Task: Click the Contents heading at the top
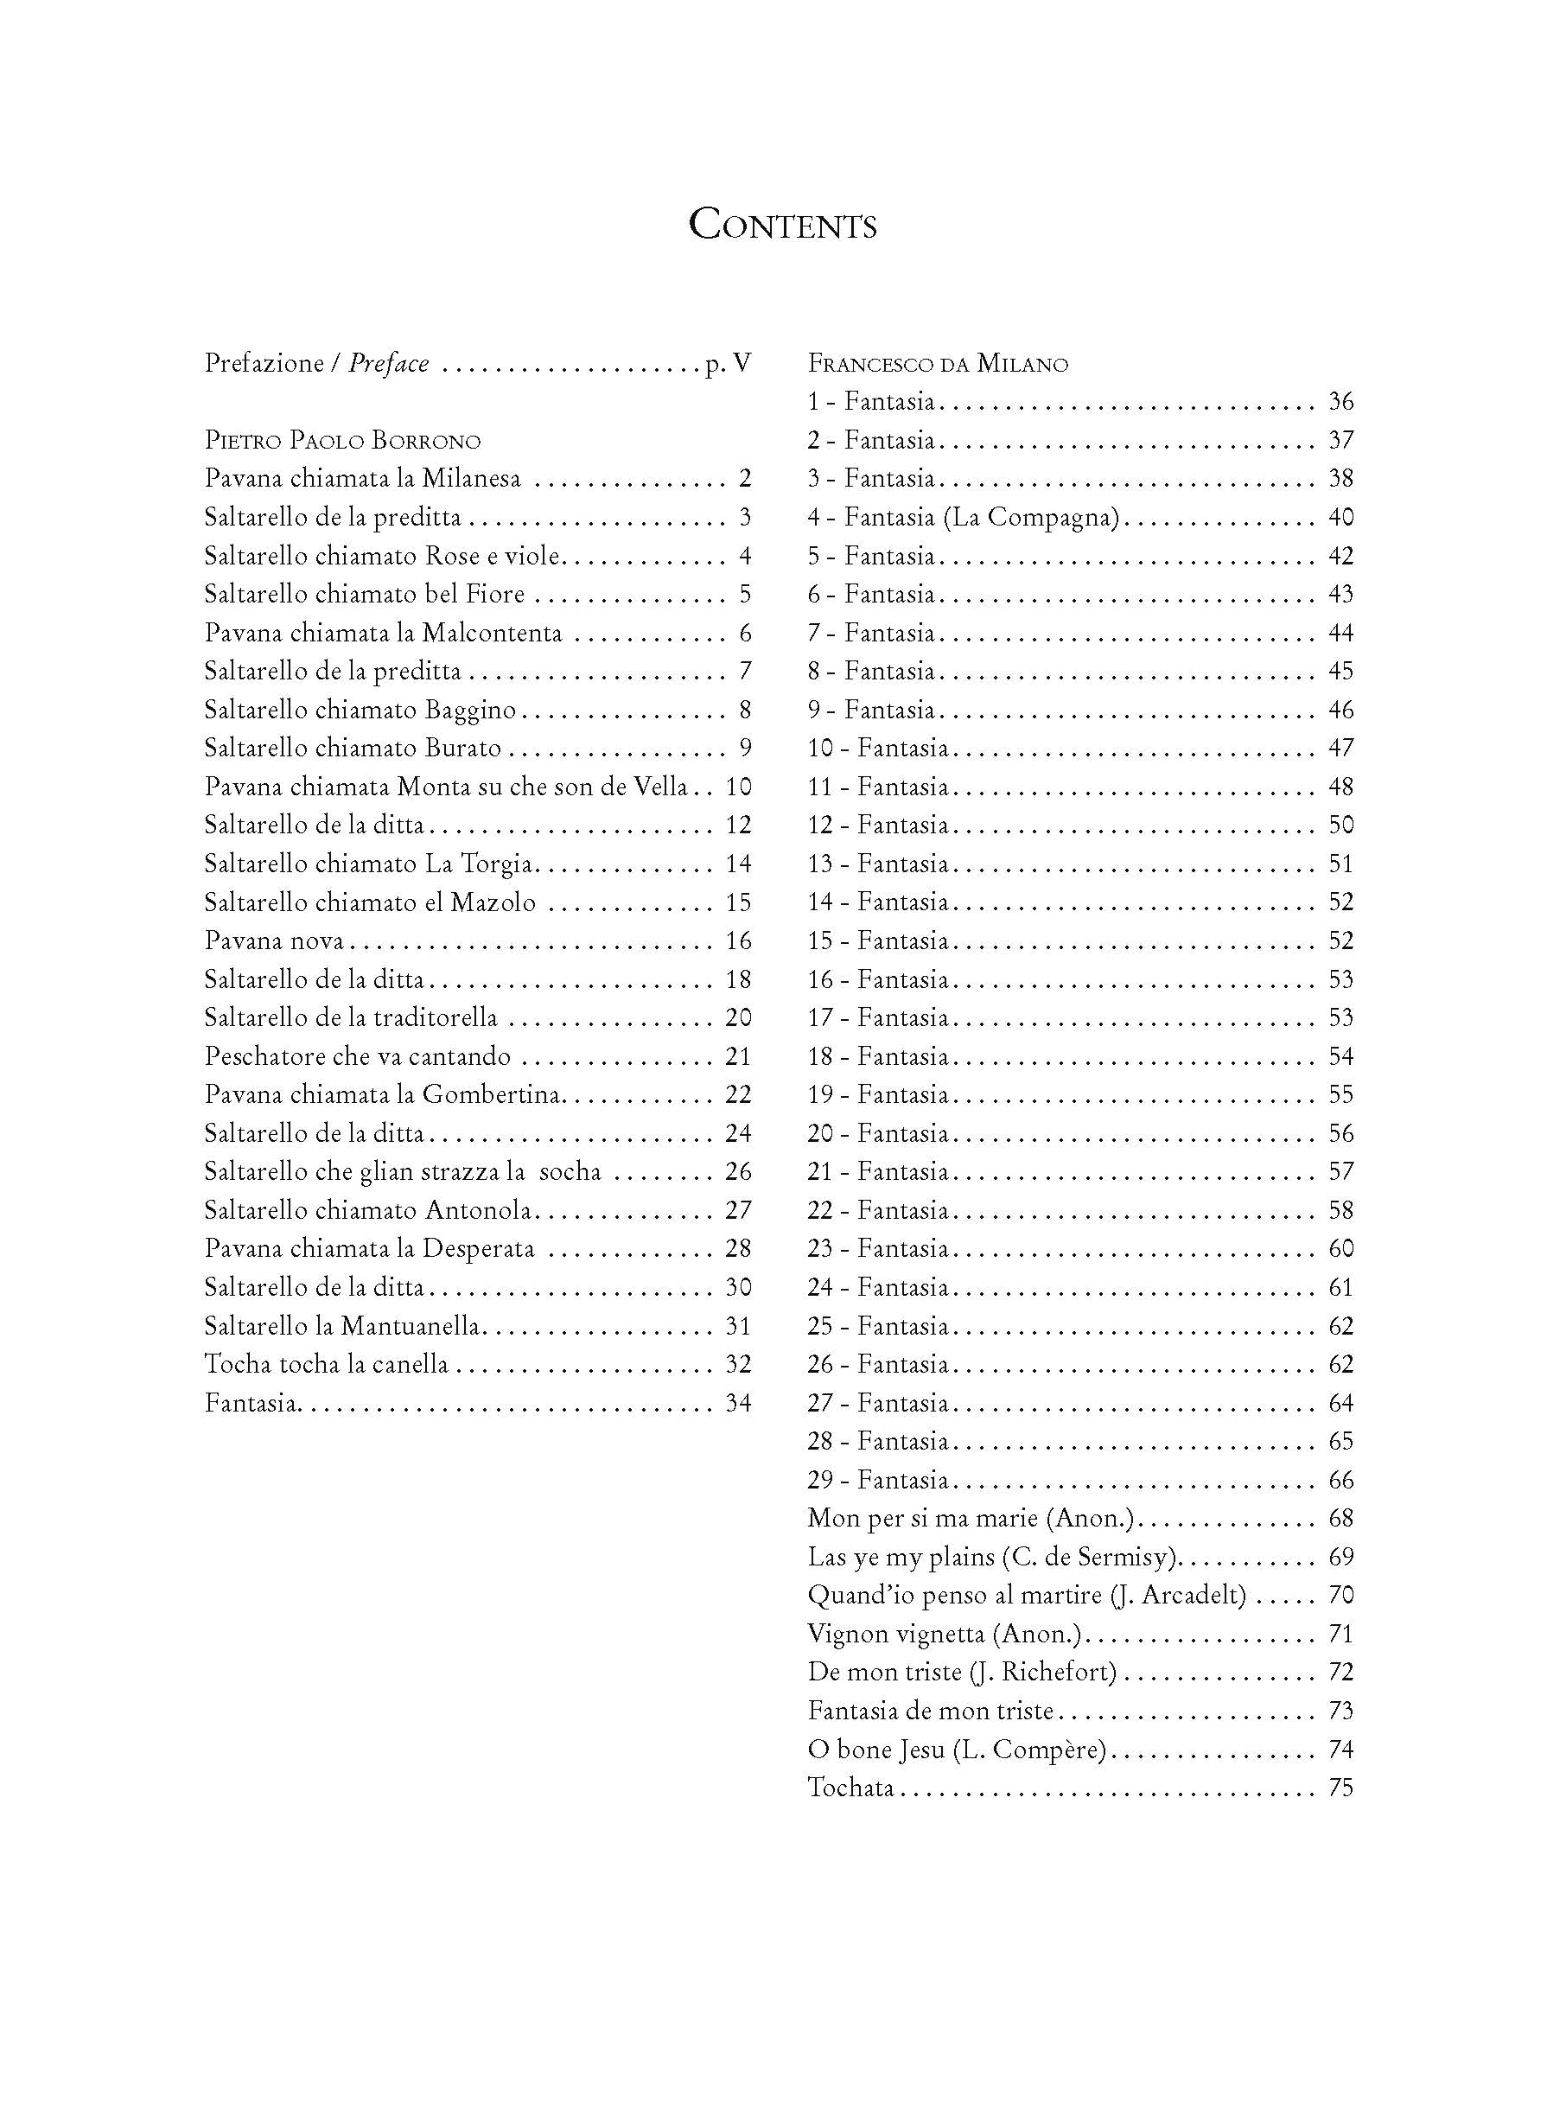point(782,226)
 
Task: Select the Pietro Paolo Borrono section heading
point(342,441)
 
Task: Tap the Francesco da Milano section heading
point(938,364)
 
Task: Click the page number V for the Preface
point(742,363)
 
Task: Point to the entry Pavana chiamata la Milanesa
point(362,479)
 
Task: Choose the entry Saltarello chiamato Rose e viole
point(381,556)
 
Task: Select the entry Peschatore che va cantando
point(358,1057)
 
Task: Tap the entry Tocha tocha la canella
point(326,1365)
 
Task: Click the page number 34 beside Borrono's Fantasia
point(737,1403)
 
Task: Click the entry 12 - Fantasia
point(877,826)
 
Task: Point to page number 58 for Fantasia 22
point(1340,1210)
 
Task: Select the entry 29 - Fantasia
point(877,1481)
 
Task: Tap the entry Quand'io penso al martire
point(955,1596)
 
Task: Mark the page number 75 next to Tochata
point(1340,1788)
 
